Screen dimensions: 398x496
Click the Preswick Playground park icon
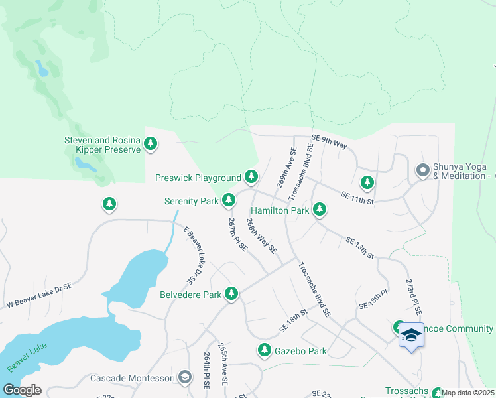click(251, 176)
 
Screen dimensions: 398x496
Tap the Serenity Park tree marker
click(229, 200)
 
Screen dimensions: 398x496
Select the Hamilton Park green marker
click(320, 210)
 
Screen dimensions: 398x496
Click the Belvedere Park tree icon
click(231, 293)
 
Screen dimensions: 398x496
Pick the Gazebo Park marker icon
click(265, 350)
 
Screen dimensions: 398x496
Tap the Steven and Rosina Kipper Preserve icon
click(151, 143)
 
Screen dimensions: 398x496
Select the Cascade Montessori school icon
click(185, 378)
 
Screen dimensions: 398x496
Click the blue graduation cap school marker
click(411, 335)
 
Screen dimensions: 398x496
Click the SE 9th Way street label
click(330, 141)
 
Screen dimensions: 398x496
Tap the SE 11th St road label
click(357, 196)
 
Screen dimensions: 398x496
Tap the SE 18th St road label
click(293, 320)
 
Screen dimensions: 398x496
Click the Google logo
click(22, 389)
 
